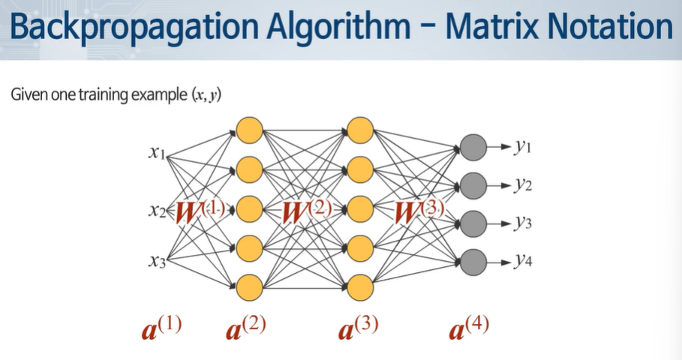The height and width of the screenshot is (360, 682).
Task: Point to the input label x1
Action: point(157,154)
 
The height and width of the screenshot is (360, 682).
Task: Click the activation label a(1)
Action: point(161,328)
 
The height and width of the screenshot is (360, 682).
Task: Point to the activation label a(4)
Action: point(470,328)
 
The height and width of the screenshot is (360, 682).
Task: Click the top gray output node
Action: point(471,145)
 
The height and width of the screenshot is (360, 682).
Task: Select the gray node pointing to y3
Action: point(471,223)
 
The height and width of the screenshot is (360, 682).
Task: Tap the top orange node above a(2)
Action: point(249,130)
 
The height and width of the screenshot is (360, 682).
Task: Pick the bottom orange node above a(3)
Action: point(360,286)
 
